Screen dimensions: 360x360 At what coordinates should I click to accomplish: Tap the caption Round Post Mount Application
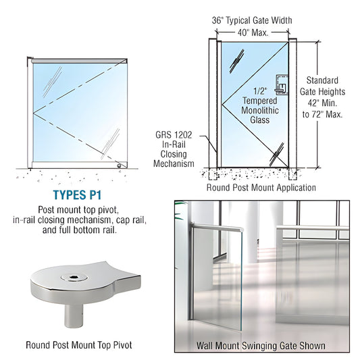tap(260, 188)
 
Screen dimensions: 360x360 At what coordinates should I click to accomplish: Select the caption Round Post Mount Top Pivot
tap(78, 345)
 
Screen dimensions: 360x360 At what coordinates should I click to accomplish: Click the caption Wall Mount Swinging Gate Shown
tap(260, 345)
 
